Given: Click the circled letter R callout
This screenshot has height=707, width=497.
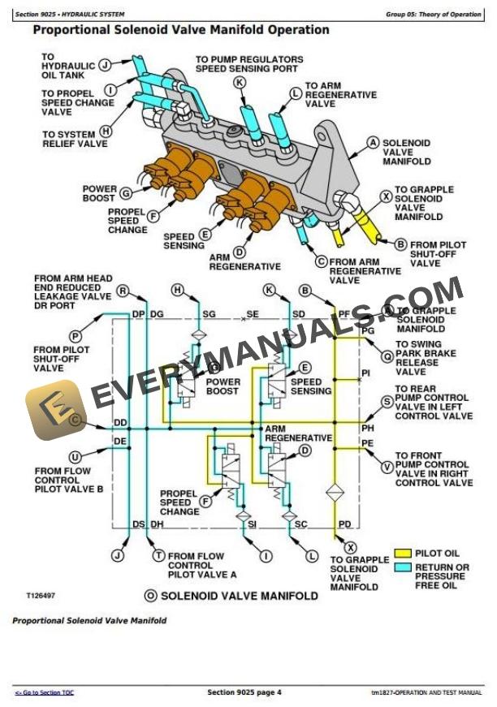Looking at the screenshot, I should pyautogui.click(x=123, y=291).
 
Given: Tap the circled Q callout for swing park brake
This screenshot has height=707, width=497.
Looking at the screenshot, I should pyautogui.click(x=387, y=344).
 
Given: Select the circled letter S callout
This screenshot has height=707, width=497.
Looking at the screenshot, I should pyautogui.click(x=387, y=399).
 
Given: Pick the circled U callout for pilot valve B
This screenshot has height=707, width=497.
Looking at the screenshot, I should pyautogui.click(x=76, y=456).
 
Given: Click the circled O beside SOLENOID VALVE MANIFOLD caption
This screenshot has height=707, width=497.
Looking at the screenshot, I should pyautogui.click(x=150, y=596).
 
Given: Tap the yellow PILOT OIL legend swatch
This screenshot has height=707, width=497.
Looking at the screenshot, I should pyautogui.click(x=404, y=553).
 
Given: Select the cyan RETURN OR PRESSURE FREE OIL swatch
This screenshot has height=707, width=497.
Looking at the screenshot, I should pyautogui.click(x=404, y=568).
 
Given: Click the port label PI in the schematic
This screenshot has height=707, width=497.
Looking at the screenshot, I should pyautogui.click(x=366, y=373).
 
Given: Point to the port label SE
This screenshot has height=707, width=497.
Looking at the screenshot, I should pyautogui.click(x=253, y=313).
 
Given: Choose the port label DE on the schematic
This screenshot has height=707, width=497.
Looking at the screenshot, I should pyautogui.click(x=120, y=441).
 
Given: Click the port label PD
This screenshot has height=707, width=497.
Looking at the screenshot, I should pyautogui.click(x=345, y=524).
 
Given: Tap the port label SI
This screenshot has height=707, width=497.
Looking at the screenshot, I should pyautogui.click(x=252, y=524).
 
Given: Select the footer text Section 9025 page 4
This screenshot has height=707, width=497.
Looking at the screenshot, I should pyautogui.click(x=244, y=692).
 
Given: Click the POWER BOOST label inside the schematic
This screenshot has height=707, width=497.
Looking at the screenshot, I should pyautogui.click(x=223, y=386).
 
